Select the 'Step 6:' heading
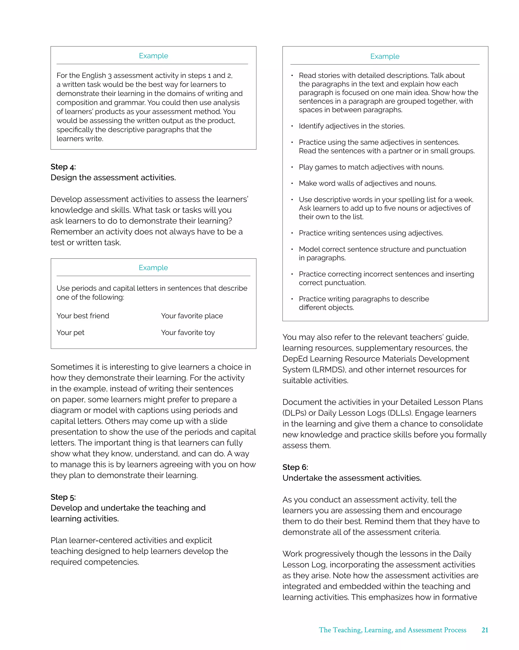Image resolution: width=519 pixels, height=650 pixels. click(x=295, y=467)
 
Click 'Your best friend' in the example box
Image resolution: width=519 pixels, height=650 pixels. click(x=83, y=316)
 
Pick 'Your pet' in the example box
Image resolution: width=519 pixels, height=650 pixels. click(x=70, y=333)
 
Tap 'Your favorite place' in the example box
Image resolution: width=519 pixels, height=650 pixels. click(x=192, y=316)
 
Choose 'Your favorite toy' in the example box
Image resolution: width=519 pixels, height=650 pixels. click(x=188, y=333)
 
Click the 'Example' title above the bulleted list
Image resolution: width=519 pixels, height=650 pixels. click(x=385, y=56)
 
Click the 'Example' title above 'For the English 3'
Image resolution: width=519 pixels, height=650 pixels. click(x=153, y=56)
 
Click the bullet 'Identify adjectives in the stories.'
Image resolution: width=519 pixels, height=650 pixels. click(x=351, y=126)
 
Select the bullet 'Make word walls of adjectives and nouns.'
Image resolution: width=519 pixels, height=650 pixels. click(x=367, y=183)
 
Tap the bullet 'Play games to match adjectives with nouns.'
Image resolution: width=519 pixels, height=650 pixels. click(x=371, y=167)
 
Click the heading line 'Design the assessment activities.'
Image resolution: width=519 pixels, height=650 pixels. click(x=113, y=178)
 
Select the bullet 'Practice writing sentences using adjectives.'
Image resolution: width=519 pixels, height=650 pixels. click(x=371, y=233)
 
